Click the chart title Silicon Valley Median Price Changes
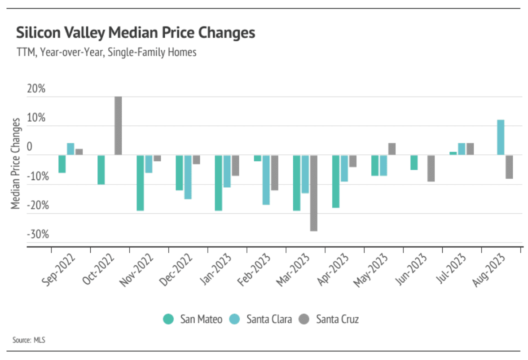pyautogui.click(x=136, y=33)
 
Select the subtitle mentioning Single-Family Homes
pyautogui.click(x=106, y=52)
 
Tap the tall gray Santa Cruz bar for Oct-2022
pyautogui.click(x=118, y=126)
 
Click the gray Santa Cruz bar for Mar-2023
pyautogui.click(x=314, y=193)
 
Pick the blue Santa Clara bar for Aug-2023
pyautogui.click(x=501, y=137)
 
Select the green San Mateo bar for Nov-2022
pyautogui.click(x=141, y=183)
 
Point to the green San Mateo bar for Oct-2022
pyautogui.click(x=101, y=170)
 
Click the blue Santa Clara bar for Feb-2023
pyautogui.click(x=266, y=180)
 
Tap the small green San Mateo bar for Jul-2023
pyautogui.click(x=453, y=154)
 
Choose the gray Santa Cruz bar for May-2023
pyautogui.click(x=392, y=149)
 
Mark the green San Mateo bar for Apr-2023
pyautogui.click(x=336, y=181)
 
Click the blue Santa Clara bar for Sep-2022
pyautogui.click(x=70, y=149)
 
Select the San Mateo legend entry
pyautogui.click(x=193, y=319)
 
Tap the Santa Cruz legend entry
pyautogui.click(x=330, y=319)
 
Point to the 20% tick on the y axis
pyautogui.click(x=36, y=89)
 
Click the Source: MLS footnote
pyautogui.click(x=29, y=340)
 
